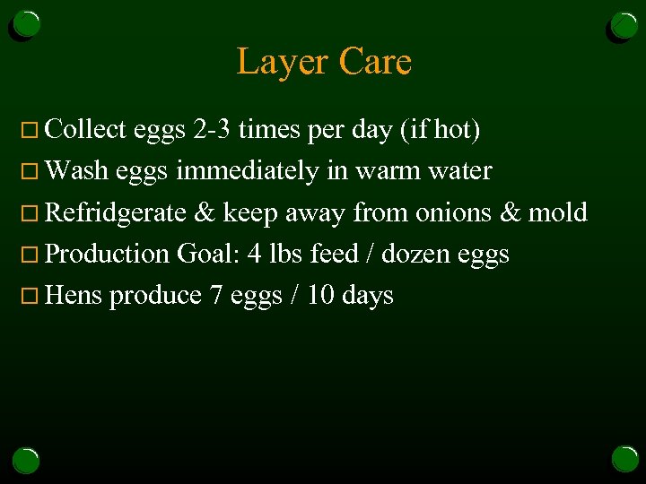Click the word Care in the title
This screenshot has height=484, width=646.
(x=375, y=62)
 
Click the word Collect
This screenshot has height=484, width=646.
(x=85, y=130)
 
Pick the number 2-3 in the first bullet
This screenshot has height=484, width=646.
(x=213, y=130)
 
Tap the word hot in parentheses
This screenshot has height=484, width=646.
(x=455, y=130)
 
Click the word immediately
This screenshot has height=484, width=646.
(x=247, y=171)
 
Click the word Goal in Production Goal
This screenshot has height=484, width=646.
(x=208, y=254)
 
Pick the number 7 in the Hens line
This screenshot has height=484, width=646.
(x=215, y=295)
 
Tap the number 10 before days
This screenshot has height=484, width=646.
(x=320, y=295)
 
